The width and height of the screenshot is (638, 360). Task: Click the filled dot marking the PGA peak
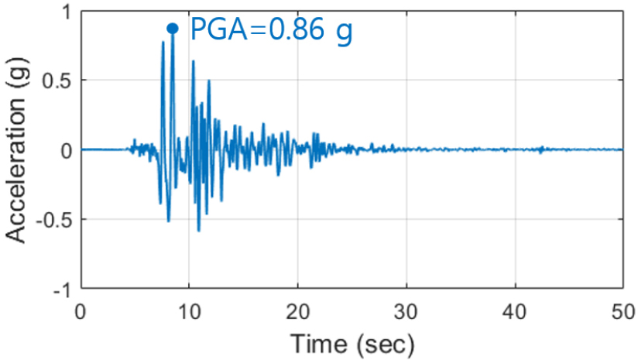(173, 29)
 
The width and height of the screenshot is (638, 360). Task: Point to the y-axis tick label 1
(65, 13)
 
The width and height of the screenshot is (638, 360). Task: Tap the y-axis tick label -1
(61, 288)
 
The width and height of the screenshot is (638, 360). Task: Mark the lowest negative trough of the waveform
(198, 231)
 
